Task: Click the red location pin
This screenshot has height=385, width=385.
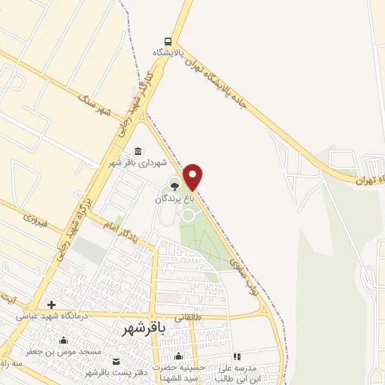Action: coord(193,176)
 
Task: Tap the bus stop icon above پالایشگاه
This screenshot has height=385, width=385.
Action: coord(168,41)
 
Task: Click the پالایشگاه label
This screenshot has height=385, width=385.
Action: coord(168,53)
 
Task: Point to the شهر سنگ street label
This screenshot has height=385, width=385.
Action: coord(95,102)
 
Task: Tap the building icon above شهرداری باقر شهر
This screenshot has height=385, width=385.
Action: coord(138,150)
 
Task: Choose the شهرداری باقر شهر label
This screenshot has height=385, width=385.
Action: coord(137,162)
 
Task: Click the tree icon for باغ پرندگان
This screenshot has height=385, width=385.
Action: coord(174,186)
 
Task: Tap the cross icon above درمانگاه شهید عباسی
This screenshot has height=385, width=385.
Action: coord(51,305)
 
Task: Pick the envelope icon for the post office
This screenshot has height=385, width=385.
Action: coord(114,362)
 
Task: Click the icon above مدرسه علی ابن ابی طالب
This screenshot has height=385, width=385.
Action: coord(237,356)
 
